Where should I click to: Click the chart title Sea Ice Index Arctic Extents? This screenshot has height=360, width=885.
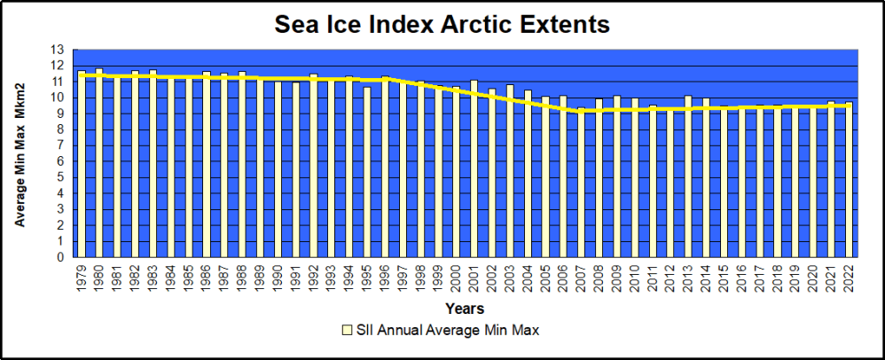point(442,25)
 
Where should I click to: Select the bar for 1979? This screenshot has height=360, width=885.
point(82,164)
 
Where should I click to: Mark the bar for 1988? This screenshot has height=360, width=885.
point(242,165)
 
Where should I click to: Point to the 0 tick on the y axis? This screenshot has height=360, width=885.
point(61,257)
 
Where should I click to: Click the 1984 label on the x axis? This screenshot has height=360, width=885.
point(171,278)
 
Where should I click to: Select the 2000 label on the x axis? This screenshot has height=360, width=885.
point(457,278)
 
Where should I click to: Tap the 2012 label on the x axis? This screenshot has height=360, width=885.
point(670,278)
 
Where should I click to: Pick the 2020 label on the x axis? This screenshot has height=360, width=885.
point(813,278)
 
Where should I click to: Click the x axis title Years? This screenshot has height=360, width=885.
point(465,309)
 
